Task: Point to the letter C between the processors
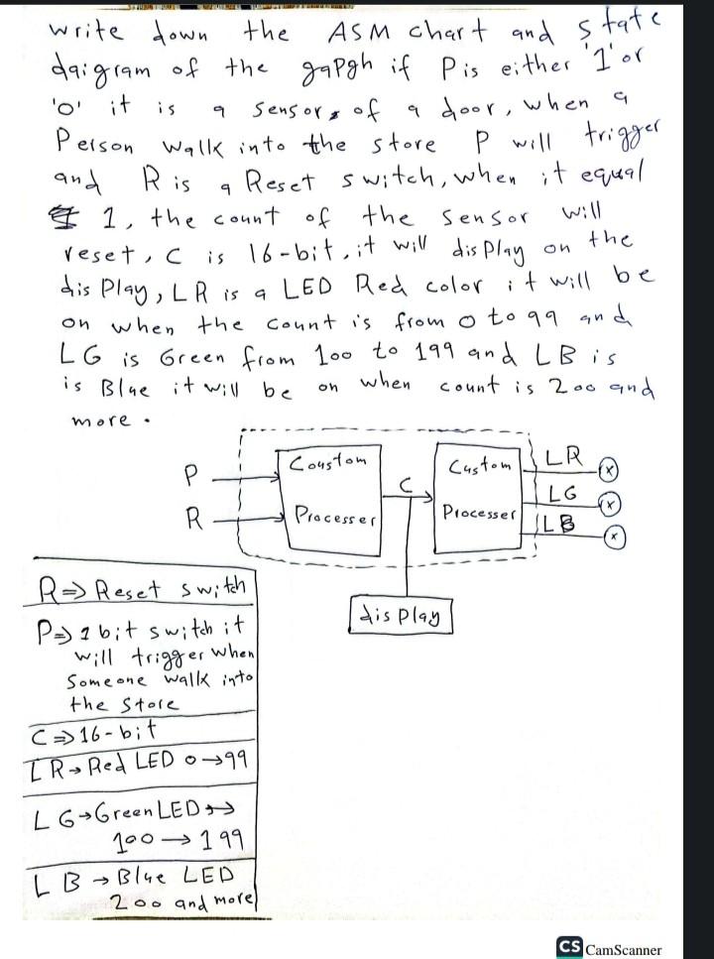408,483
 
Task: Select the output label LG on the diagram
562,493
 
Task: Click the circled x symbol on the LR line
609,469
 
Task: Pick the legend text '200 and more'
183,903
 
